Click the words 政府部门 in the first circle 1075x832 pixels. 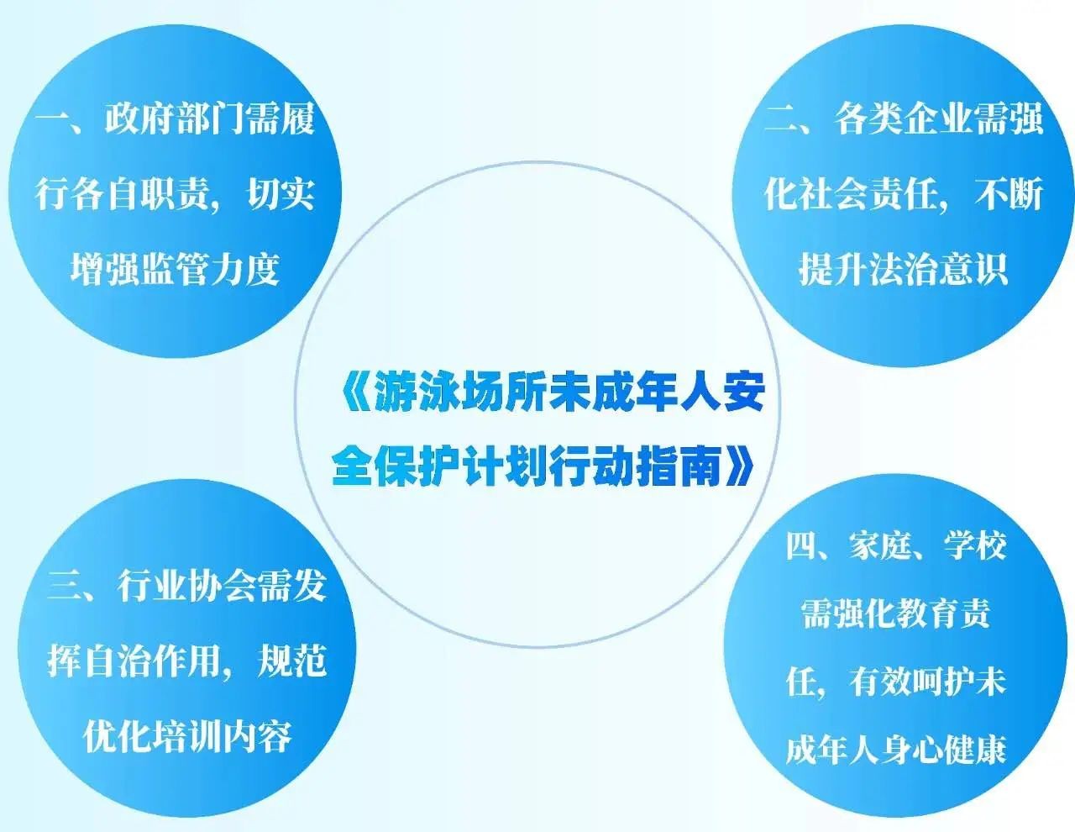tap(175, 119)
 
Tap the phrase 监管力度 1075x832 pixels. tap(210, 269)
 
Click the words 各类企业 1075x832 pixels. tap(904, 119)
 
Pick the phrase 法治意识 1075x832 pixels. tap(939, 269)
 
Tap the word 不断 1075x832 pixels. tap(1009, 194)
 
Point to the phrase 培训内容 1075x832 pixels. tap(223, 737)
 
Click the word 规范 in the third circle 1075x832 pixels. tap(292, 661)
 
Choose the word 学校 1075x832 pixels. tap(975, 546)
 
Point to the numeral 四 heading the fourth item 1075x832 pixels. tap(801, 546)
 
